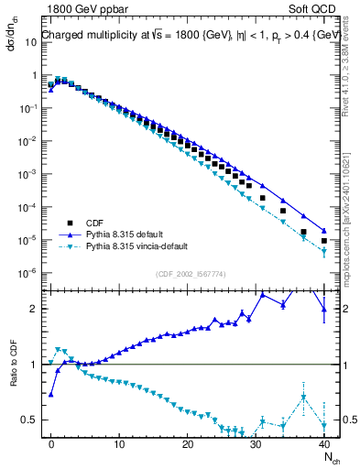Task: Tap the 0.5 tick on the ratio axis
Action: pos(30,420)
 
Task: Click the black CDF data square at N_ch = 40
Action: pos(324,241)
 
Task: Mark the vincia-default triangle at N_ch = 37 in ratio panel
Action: pos(304,397)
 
